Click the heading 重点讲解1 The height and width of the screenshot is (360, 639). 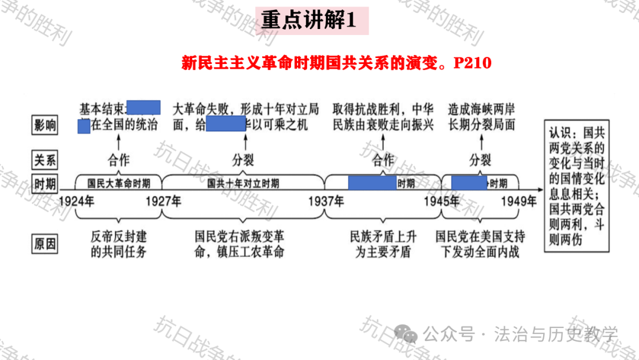(308, 21)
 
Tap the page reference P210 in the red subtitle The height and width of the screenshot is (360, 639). (472, 63)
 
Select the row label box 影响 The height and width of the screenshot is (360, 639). (45, 125)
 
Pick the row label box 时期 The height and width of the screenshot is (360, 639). (45, 184)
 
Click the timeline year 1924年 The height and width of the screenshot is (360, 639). (76, 201)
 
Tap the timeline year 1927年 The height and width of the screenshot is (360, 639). (163, 201)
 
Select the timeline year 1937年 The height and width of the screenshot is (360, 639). (325, 201)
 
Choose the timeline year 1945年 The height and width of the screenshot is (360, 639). (441, 201)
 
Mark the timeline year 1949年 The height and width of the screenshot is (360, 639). (518, 201)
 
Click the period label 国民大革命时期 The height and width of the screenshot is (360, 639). (118, 184)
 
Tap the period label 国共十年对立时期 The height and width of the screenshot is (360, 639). (243, 184)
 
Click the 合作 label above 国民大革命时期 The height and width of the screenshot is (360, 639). (118, 159)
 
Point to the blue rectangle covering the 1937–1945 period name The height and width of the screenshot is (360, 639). (372, 183)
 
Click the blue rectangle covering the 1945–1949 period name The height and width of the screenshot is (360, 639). (469, 183)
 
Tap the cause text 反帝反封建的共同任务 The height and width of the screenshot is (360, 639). (118, 244)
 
